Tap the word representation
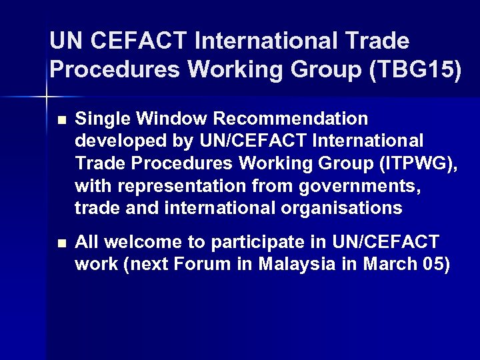point(174,186)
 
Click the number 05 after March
point(435,265)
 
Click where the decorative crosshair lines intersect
point(46,97)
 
